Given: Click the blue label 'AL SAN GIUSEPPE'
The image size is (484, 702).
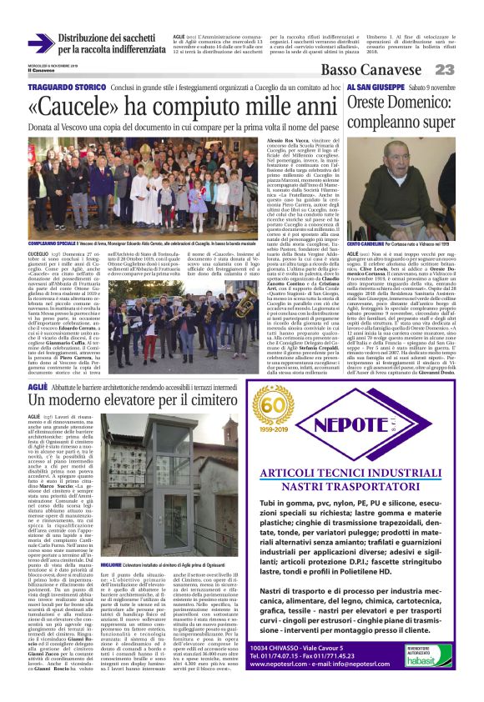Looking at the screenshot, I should pos(375,87).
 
